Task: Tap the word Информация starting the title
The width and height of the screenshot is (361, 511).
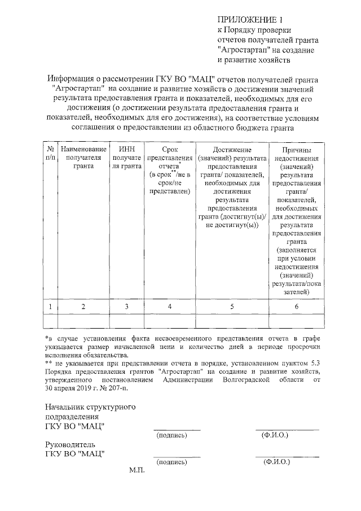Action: [x=74, y=78]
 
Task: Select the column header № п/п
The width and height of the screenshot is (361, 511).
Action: [x=50, y=153]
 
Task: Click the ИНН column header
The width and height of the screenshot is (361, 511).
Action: [x=126, y=158]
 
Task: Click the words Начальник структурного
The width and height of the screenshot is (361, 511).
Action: [x=90, y=407]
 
